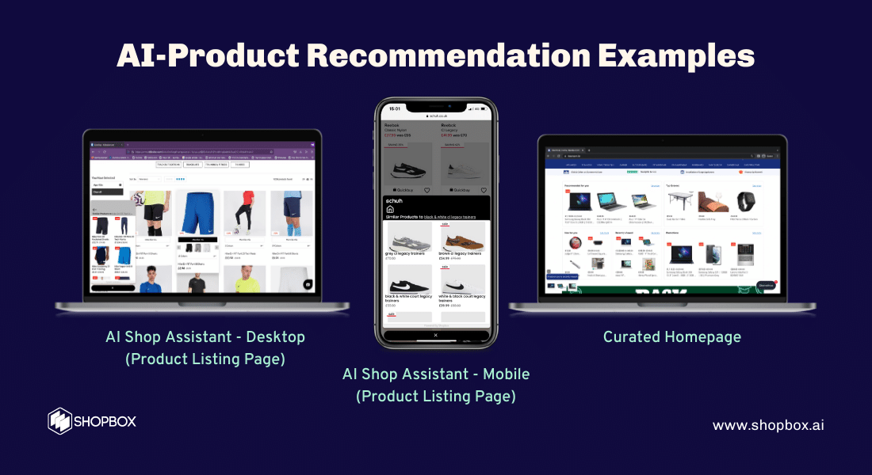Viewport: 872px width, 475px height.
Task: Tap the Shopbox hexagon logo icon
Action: [x=60, y=420]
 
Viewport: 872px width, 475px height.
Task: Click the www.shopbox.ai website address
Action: [x=768, y=425]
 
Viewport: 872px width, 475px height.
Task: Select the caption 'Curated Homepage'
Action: [x=671, y=336]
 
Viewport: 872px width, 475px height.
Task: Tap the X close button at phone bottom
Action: [x=434, y=336]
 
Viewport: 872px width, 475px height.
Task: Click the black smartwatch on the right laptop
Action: [x=744, y=202]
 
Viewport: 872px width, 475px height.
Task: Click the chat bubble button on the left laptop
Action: [x=308, y=283]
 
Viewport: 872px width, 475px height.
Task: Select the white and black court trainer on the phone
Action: [x=462, y=280]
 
